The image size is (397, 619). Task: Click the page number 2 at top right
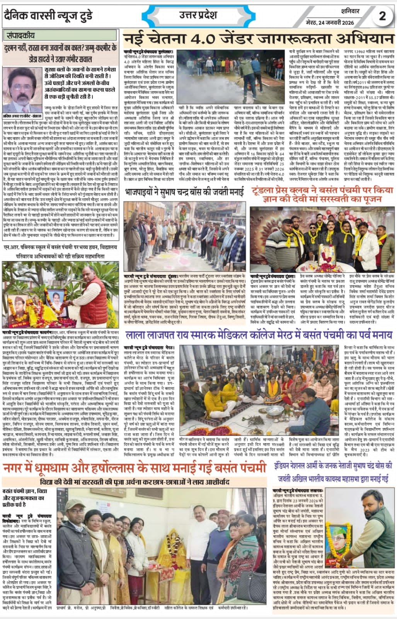click(382, 16)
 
